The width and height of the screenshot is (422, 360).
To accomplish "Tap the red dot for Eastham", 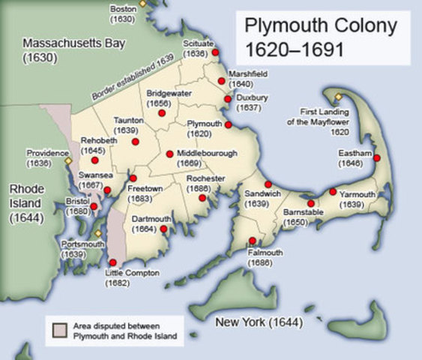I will (377, 158).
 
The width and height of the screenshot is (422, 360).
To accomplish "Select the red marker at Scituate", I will (216, 52).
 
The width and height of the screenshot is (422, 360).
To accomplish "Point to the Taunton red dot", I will (134, 140).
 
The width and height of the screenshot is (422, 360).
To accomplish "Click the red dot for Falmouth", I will (252, 241).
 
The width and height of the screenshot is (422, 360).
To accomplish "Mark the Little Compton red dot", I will (113, 262).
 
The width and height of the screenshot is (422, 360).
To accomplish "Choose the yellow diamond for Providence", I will (67, 160).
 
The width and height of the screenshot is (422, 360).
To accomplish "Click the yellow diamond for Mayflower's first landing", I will (339, 96).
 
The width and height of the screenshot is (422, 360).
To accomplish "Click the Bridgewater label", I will (169, 94).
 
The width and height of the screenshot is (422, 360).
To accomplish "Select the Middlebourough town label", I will (207, 153).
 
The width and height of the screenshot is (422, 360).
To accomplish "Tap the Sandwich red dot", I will (268, 184).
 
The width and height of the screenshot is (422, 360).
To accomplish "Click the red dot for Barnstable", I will (311, 203).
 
